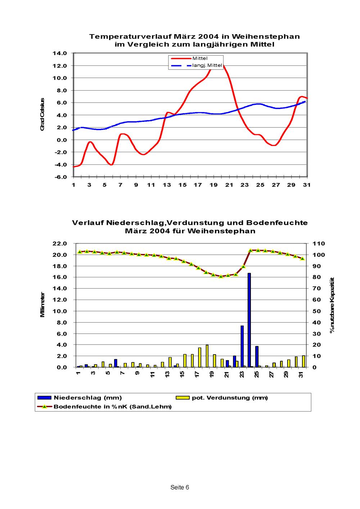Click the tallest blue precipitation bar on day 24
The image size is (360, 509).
click(249, 320)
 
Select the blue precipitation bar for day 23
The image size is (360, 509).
click(242, 346)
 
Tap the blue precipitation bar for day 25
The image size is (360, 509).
click(257, 356)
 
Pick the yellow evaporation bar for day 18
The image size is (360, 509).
click(207, 356)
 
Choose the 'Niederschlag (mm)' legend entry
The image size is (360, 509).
click(87, 398)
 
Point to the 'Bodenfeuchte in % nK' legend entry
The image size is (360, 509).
click(112, 407)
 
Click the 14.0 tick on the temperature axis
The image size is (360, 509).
click(59, 54)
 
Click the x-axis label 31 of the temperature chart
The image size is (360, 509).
click(307, 185)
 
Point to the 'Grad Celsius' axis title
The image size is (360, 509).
click(42, 114)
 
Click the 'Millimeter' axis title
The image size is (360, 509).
click(42, 305)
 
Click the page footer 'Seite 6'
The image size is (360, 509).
click(180, 487)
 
